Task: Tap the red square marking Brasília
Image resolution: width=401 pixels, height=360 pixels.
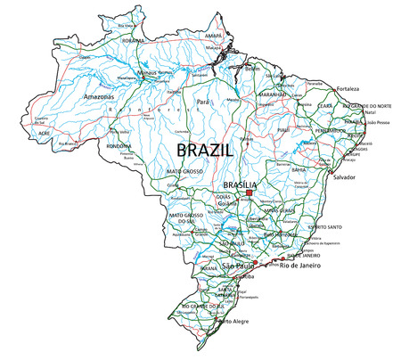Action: pos(250,192)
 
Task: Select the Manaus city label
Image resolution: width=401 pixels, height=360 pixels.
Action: pos(141,73)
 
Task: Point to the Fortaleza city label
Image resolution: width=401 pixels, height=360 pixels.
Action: pos(347,89)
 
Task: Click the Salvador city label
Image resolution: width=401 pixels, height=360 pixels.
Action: pos(344,177)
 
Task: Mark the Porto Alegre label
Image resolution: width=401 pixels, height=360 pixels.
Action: pos(236,322)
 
